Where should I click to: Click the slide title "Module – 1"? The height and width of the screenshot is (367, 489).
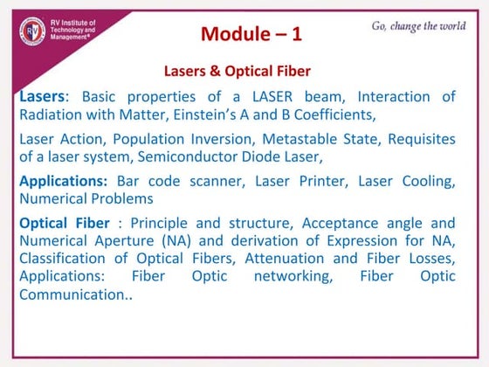pos(251,34)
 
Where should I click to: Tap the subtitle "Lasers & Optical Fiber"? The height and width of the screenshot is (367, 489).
pos(238,70)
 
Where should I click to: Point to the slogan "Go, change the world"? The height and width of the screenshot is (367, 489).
pos(418,25)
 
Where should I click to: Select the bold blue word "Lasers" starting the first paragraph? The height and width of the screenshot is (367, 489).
pos(41,95)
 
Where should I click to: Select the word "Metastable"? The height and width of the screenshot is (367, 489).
pos(303,138)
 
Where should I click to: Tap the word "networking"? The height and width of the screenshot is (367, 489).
pos(286,276)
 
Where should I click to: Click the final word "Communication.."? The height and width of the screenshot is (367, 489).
pos(75,295)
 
